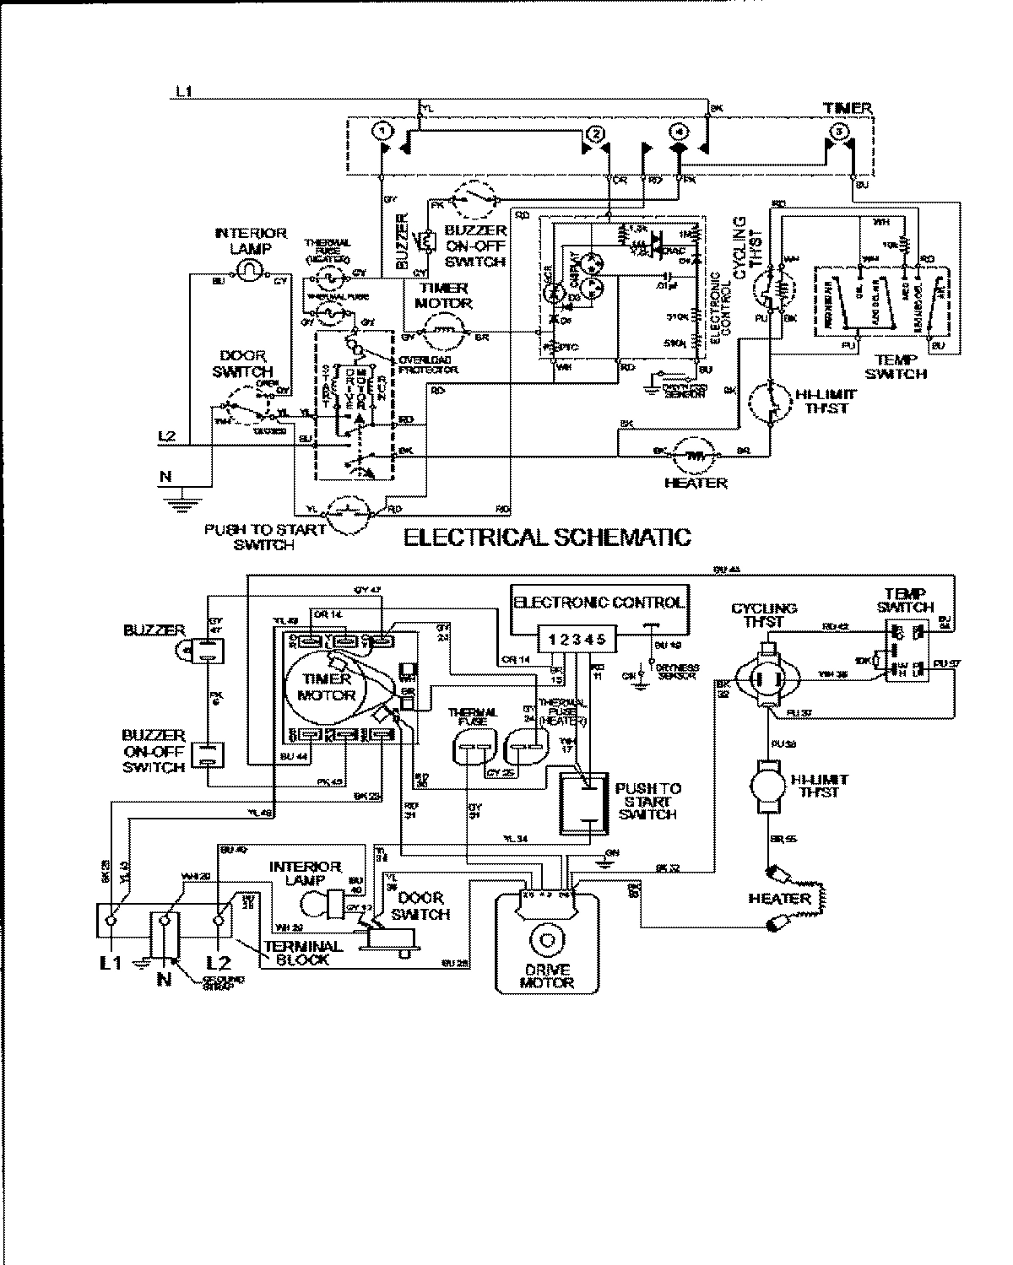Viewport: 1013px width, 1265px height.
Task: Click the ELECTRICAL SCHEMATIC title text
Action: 547,538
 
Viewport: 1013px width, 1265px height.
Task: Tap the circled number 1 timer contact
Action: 382,131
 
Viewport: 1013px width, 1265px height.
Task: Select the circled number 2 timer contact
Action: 596,132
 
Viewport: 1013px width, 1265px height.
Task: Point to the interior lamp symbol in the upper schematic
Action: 250,269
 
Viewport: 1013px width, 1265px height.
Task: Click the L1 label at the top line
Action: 183,91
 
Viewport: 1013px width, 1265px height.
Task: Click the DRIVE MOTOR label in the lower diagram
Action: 546,977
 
